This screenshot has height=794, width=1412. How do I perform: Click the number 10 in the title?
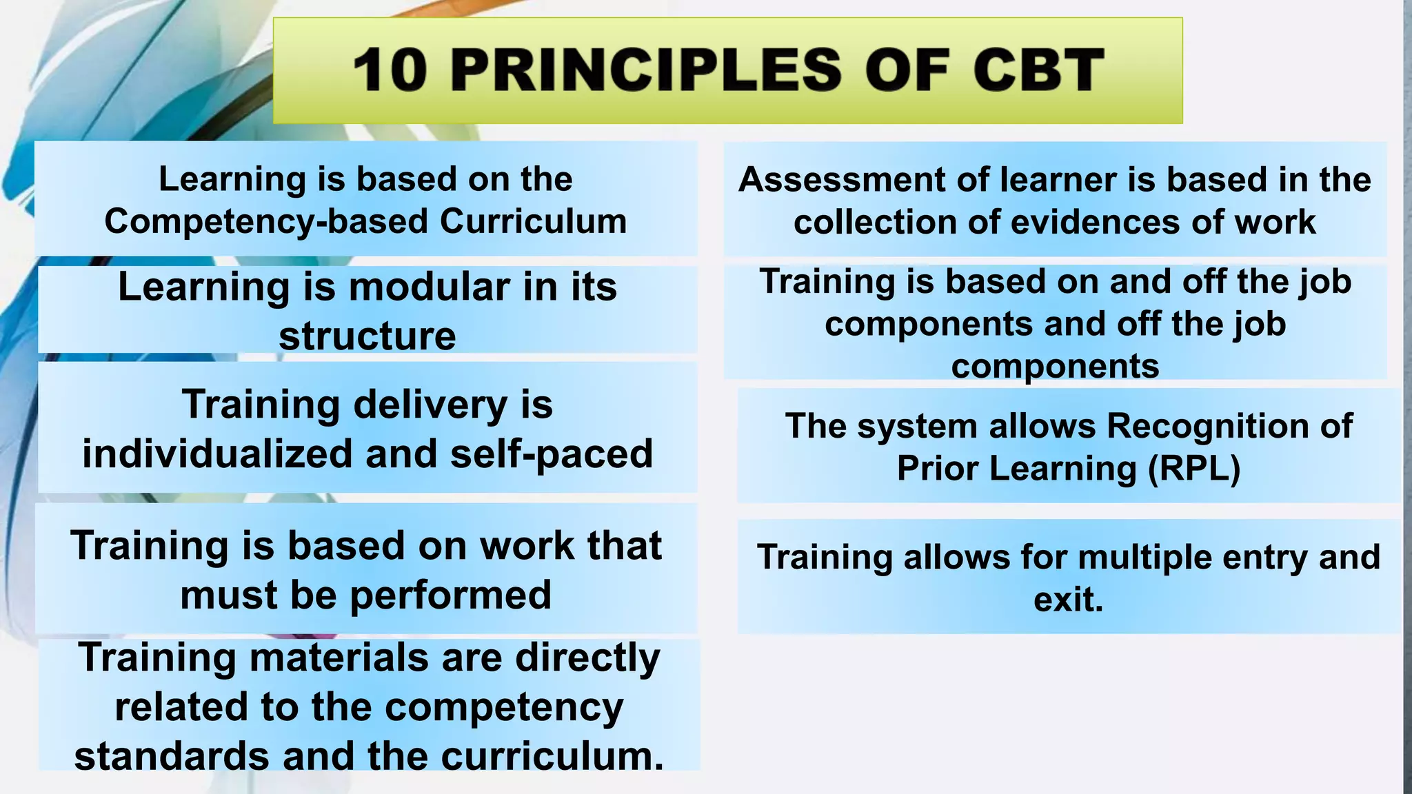click(x=390, y=70)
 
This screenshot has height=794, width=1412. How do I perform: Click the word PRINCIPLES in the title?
click(x=646, y=70)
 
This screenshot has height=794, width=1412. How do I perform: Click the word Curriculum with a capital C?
click(x=533, y=222)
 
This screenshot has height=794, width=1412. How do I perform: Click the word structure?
click(x=367, y=336)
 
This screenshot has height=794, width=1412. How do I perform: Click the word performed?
click(x=450, y=595)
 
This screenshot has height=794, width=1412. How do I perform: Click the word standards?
click(x=171, y=756)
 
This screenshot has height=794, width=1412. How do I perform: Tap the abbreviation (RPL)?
click(x=1194, y=469)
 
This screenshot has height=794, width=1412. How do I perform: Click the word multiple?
click(x=1144, y=557)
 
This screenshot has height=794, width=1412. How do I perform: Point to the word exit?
click(x=1067, y=599)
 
